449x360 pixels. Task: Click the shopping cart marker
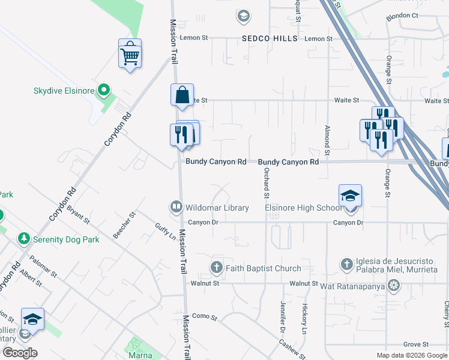(130, 56)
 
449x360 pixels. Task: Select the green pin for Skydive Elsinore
(104, 91)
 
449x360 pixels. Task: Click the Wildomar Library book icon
(176, 207)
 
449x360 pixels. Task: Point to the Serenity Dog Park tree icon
(23, 238)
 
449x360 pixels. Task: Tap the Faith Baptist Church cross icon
(216, 268)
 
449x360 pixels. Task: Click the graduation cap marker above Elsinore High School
(350, 197)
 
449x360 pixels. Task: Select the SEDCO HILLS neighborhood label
(270, 38)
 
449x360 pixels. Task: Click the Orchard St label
(265, 182)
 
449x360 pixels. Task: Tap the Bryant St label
(78, 215)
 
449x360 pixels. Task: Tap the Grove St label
(415, 344)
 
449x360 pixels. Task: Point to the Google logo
(19, 353)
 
